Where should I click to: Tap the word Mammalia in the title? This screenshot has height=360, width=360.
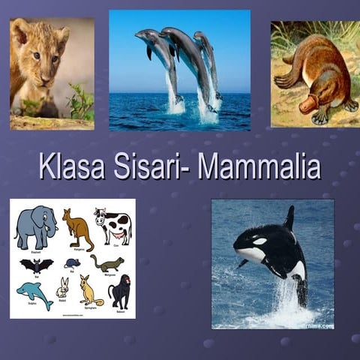tap(259, 166)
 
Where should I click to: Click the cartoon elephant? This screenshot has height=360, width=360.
tap(35, 226)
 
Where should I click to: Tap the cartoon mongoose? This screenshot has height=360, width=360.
tap(107, 263)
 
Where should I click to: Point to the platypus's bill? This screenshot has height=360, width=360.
tap(309, 106)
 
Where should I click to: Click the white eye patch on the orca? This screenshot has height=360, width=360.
tap(259, 241)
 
